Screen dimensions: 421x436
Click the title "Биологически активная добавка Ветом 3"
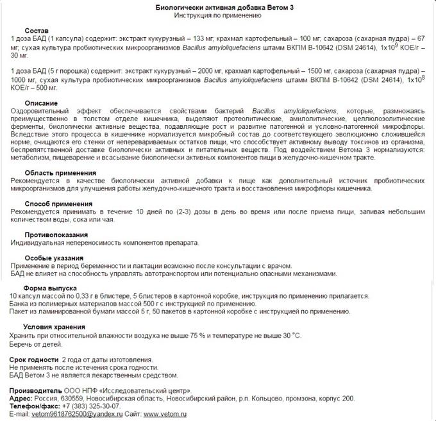217,6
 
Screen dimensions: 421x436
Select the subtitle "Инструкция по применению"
217,15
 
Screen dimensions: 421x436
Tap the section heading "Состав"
36,31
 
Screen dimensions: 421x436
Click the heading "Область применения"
61,172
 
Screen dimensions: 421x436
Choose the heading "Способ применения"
58,203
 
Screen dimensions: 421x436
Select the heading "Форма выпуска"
50,288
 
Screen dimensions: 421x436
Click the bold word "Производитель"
36,390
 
